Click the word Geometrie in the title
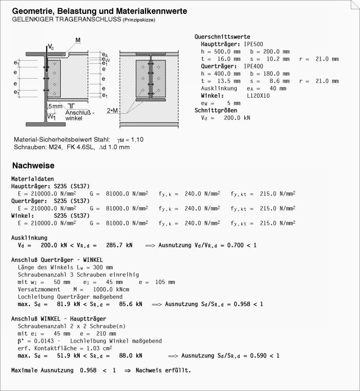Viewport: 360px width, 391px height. pyautogui.click(x=32, y=11)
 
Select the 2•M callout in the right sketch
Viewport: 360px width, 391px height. pyautogui.click(x=112, y=111)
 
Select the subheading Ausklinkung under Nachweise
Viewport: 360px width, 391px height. pyautogui.click(x=29, y=238)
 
